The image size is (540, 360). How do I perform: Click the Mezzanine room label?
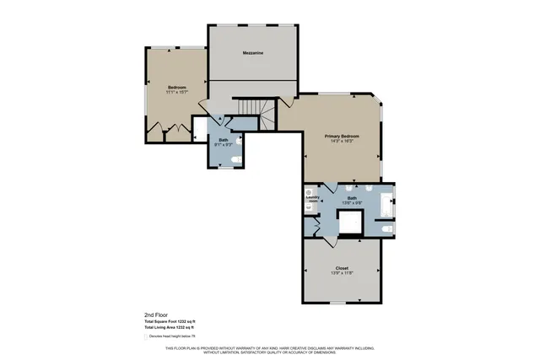[253, 53]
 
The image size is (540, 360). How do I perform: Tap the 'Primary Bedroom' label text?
[343, 136]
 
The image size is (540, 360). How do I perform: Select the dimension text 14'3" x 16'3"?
[343, 141]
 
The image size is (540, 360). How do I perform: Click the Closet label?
[342, 268]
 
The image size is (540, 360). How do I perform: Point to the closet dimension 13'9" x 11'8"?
[342, 273]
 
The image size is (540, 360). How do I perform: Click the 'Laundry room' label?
[311, 200]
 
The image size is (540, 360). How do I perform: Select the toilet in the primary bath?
[386, 228]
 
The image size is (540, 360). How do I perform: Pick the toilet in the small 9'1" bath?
[237, 158]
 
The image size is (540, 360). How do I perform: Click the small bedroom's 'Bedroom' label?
[176, 87]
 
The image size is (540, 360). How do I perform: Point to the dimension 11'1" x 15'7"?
[176, 92]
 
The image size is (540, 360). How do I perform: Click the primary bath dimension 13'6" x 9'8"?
[352, 202]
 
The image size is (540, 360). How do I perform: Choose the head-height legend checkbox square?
[145, 336]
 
